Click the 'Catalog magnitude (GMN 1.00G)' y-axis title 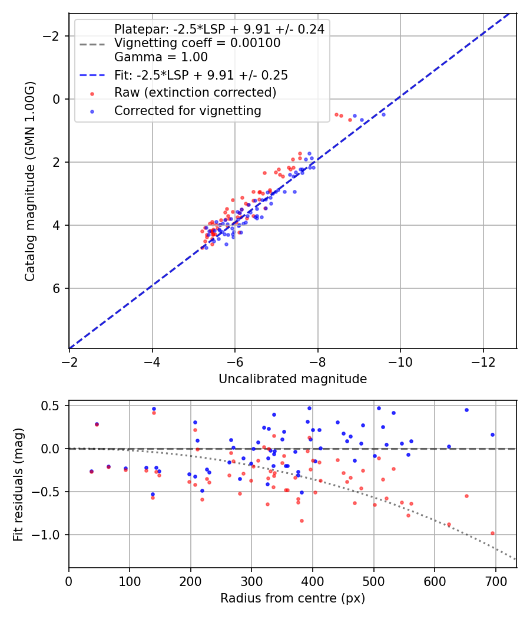click(x=30, y=182)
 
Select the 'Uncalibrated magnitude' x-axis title click(x=293, y=379)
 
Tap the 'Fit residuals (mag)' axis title click(x=18, y=483)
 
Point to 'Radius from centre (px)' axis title click(x=293, y=598)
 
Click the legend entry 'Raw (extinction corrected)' click(x=195, y=93)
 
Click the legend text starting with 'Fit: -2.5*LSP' click(x=201, y=75)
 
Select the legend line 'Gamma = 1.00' click(x=161, y=57)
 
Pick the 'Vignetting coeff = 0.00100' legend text click(x=197, y=43)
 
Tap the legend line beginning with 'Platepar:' click(x=219, y=29)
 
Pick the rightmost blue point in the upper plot click(x=383, y=114)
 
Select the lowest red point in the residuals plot click(x=492, y=533)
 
